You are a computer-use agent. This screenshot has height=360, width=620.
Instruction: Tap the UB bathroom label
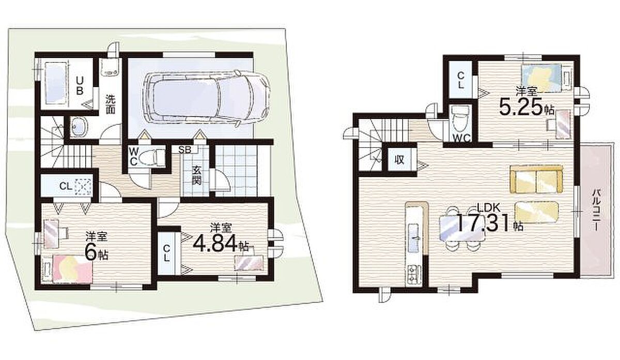click(80, 86)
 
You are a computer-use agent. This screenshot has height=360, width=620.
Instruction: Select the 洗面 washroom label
click(111, 105)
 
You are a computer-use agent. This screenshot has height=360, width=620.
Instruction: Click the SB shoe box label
click(184, 150)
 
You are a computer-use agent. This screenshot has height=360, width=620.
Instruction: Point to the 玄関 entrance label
click(196, 176)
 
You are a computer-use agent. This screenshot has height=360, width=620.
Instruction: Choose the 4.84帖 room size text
click(221, 243)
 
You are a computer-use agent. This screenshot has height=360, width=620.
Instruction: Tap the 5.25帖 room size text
click(526, 107)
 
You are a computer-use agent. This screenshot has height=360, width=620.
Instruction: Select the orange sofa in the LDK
click(536, 179)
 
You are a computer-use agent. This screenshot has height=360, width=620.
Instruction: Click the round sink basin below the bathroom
click(79, 127)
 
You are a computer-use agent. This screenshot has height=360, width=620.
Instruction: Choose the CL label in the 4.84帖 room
click(166, 253)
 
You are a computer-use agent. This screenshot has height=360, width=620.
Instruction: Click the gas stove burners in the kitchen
click(413, 274)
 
